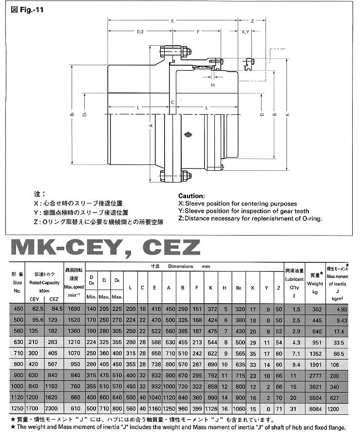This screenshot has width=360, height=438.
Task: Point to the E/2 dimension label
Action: (140, 32)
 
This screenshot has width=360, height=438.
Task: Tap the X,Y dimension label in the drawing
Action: (246, 32)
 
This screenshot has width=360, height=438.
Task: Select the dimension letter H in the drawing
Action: (213, 85)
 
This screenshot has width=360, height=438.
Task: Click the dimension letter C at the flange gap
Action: (172, 102)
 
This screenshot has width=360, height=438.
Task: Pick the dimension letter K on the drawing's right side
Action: (287, 115)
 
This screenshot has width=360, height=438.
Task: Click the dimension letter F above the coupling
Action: (198, 32)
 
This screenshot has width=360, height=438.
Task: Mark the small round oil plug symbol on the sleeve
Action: (188, 134)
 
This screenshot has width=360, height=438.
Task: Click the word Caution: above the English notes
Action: (191, 196)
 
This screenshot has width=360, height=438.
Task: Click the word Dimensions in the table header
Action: (181, 267)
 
